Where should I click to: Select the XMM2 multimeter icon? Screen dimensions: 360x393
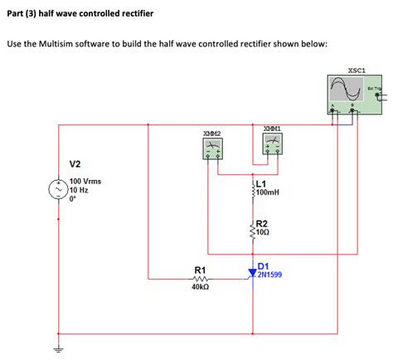click(x=211, y=148)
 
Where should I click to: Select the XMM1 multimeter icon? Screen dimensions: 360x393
click(x=271, y=145)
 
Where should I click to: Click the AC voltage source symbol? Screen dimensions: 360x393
click(x=59, y=190)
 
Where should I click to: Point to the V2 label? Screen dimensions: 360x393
click(x=75, y=163)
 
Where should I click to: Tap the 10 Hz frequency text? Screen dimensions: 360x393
click(x=80, y=190)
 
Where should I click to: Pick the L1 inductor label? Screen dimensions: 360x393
click(x=262, y=183)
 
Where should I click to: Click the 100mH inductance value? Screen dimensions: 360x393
click(x=268, y=192)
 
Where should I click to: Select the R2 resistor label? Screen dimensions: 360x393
click(x=262, y=223)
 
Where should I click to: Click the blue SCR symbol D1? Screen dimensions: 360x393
click(x=252, y=270)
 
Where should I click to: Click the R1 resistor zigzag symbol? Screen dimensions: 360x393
click(x=200, y=280)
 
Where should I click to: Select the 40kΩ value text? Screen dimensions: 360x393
click(x=200, y=289)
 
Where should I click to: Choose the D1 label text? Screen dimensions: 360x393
click(x=264, y=265)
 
